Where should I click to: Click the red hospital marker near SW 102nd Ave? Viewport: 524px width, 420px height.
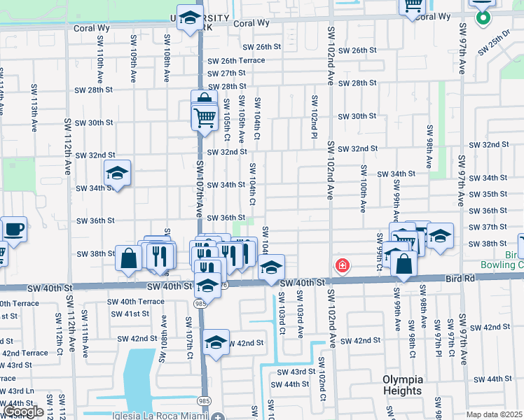click(342, 266)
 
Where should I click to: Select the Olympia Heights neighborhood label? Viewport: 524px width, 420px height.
click(402, 384)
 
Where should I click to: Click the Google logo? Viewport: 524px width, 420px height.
click(23, 411)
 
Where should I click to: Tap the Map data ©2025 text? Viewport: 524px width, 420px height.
click(494, 414)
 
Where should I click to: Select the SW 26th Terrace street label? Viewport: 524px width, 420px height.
click(236, 60)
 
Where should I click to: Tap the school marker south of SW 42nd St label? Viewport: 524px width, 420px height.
click(216, 343)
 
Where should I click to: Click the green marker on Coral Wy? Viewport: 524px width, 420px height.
click(483, 17)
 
